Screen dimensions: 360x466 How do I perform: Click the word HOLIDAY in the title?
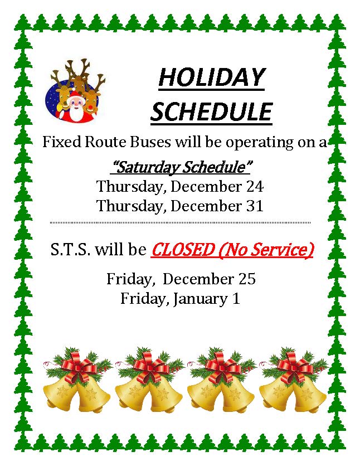[x=211, y=77]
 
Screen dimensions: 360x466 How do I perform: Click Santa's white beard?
[x=76, y=113]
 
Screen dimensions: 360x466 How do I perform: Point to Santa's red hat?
[x=76, y=96]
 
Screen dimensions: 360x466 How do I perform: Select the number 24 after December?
[x=255, y=187]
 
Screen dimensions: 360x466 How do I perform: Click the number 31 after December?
[x=255, y=206]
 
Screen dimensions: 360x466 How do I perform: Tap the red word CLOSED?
[x=182, y=250]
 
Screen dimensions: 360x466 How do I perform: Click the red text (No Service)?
[x=266, y=250]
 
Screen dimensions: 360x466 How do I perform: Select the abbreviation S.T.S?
[x=70, y=250]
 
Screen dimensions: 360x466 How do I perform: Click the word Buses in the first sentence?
[x=150, y=142]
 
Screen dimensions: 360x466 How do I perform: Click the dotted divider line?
[x=180, y=222]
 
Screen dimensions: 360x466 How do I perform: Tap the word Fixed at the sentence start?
[x=62, y=142]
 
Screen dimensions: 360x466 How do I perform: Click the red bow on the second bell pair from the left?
[x=151, y=367]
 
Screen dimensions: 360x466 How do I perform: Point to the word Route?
[x=105, y=142]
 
